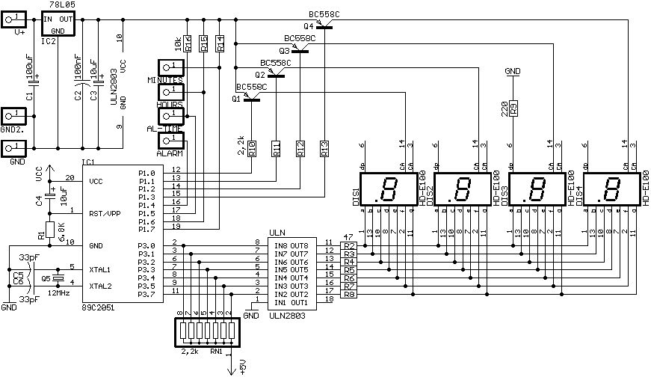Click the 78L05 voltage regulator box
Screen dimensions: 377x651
point(57,23)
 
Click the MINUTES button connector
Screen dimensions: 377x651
point(170,67)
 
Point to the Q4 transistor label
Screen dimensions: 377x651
point(309,26)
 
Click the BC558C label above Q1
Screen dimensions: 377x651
point(251,87)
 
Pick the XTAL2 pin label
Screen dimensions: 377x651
point(99,286)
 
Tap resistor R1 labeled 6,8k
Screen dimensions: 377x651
point(49,230)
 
